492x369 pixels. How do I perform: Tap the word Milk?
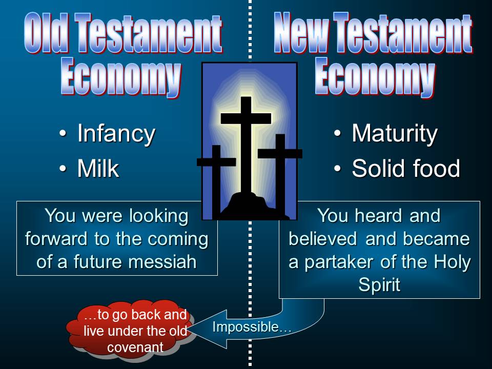click(98, 169)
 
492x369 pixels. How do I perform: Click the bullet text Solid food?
click(406, 169)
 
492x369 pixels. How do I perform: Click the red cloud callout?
click(132, 330)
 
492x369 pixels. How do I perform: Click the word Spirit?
click(379, 285)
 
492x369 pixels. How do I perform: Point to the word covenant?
click(135, 347)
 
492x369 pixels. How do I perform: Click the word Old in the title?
click(46, 32)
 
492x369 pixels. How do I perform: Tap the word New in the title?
click(301, 32)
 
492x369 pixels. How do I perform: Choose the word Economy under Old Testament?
click(121, 76)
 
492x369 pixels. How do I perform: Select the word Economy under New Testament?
click(375, 76)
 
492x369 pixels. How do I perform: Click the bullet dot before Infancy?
click(63, 133)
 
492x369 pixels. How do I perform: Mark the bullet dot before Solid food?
click(337, 168)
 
